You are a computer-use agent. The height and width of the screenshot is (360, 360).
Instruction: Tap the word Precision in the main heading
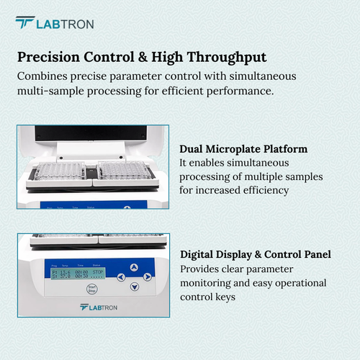pyautogui.click(x=49, y=57)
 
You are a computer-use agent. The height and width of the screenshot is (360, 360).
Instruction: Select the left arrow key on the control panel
pyautogui.click(x=121, y=276)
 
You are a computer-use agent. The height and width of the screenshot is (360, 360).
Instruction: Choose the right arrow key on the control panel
pyautogui.click(x=147, y=276)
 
